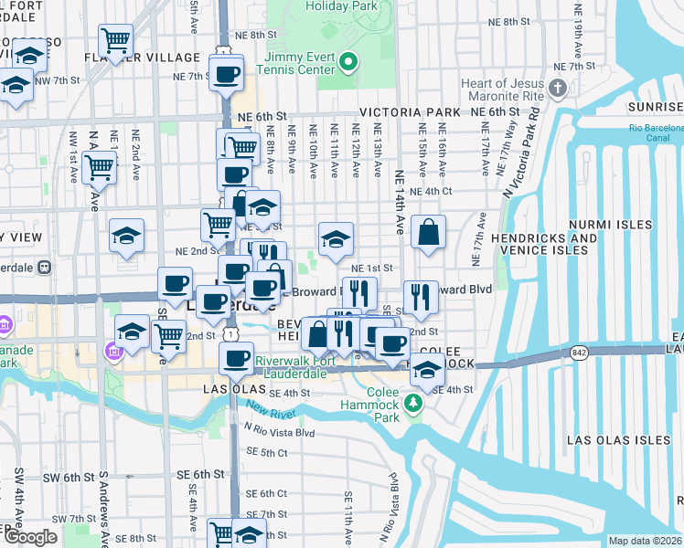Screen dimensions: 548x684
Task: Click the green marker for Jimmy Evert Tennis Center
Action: [x=347, y=62]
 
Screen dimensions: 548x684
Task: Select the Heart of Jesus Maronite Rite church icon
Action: [x=559, y=89]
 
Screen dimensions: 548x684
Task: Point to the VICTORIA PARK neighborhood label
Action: [x=410, y=112]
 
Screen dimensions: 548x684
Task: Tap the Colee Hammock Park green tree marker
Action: [x=413, y=403]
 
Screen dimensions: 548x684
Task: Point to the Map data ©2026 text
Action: [x=645, y=541]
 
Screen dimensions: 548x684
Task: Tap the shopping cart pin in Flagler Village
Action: [x=115, y=40]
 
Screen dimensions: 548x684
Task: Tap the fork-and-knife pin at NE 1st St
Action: [x=359, y=293]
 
